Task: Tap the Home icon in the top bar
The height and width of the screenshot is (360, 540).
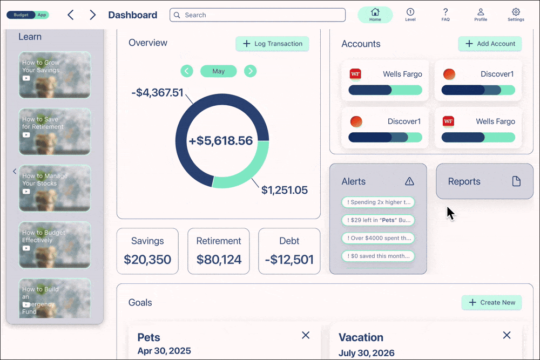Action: click(x=375, y=12)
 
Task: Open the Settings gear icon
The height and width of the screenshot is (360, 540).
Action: click(x=516, y=12)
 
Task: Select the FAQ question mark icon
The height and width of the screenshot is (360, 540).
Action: click(x=446, y=12)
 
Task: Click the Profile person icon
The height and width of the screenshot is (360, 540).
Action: click(x=481, y=12)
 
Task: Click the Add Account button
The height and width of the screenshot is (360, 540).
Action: click(x=490, y=44)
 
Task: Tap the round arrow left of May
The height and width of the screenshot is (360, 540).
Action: click(x=187, y=71)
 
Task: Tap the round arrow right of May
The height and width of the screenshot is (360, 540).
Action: click(x=250, y=71)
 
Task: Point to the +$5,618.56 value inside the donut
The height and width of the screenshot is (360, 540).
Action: click(x=221, y=141)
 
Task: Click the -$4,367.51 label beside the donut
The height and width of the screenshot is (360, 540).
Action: click(x=157, y=93)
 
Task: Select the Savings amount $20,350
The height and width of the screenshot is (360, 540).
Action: click(x=147, y=260)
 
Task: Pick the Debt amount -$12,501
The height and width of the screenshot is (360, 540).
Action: click(x=289, y=260)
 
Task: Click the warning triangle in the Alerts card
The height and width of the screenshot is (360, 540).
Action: click(x=409, y=181)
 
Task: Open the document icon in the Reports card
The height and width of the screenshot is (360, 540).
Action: click(x=516, y=181)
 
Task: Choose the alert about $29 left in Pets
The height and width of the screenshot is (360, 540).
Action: click(x=378, y=220)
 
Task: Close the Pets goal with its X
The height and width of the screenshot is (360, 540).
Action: click(x=306, y=335)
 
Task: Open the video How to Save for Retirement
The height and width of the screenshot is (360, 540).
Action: click(x=55, y=131)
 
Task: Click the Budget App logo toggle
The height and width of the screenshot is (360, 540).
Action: click(x=28, y=15)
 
